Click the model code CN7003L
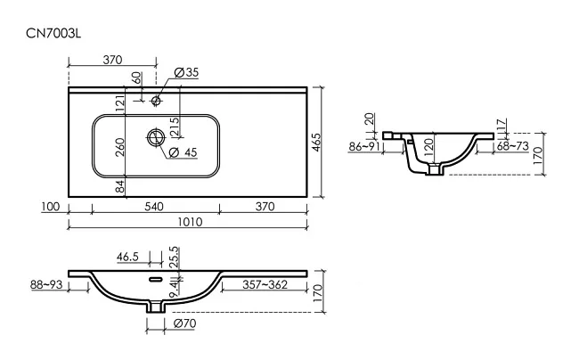[x=53, y=34]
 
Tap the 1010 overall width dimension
[x=190, y=222]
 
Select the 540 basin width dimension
[x=154, y=207]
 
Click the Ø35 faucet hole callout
[x=186, y=72]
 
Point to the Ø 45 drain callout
[x=183, y=152]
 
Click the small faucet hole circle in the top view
[x=156, y=100]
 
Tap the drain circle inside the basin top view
[x=156, y=137]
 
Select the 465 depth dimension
[x=317, y=143]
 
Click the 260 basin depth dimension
[x=120, y=147]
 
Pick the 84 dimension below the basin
[x=120, y=187]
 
